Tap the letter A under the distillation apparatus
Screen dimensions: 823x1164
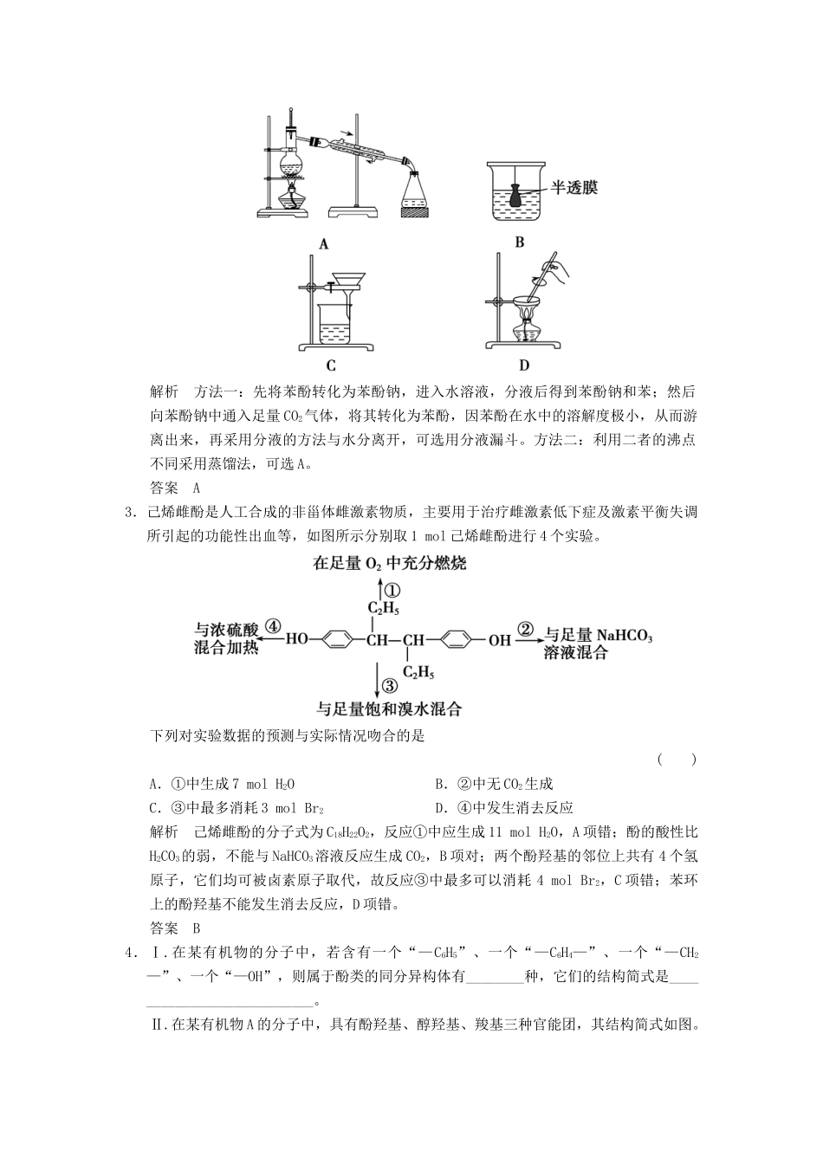coord(324,244)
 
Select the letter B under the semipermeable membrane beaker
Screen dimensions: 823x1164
coord(519,242)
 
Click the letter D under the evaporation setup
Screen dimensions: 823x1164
coord(523,365)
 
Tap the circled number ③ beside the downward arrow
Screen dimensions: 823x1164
coord(390,686)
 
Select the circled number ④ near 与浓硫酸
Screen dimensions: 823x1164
coord(274,626)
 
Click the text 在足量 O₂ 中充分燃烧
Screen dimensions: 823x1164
coord(389,564)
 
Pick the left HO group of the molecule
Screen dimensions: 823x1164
coord(297,641)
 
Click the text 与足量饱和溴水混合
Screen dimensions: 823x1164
coord(389,709)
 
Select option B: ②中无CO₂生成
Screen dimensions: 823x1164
coord(494,785)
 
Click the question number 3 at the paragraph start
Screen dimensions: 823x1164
coord(129,512)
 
